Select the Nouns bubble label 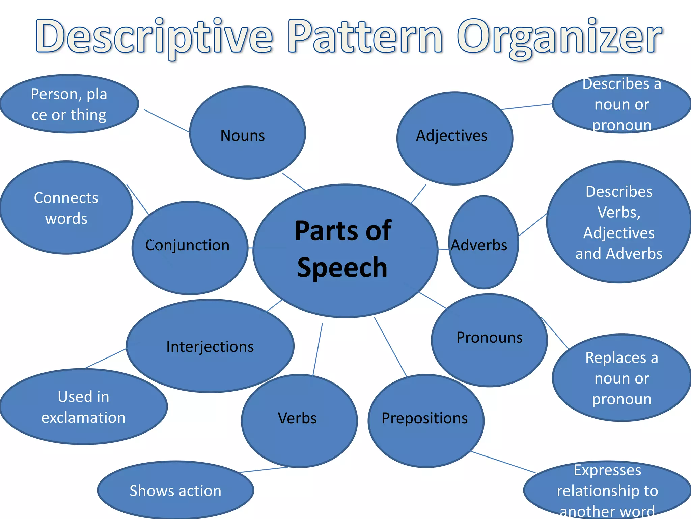pos(243,135)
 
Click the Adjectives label pos(451,136)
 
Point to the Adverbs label pos(479,245)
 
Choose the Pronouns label pos(489,337)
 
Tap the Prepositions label pos(424,418)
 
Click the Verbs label pos(297,418)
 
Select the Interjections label pos(210,347)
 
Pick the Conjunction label pos(187,245)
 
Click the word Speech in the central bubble pos(342,268)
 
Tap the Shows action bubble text pos(175,491)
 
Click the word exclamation pos(83,418)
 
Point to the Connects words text pos(66,208)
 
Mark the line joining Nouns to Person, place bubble pos(166,121)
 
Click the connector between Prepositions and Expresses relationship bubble pos(503,462)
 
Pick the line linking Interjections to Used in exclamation pos(105,359)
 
